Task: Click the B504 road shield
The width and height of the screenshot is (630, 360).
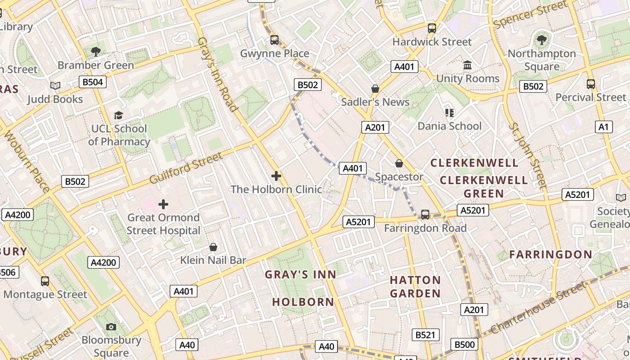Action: [x=93, y=82]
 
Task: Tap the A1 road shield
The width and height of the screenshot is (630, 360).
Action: [x=603, y=127]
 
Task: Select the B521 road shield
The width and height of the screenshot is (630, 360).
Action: [x=425, y=335]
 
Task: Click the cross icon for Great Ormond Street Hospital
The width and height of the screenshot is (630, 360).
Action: [x=163, y=205]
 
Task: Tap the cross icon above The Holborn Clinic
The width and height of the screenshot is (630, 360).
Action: [x=276, y=176]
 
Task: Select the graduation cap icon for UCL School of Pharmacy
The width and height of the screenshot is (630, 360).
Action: [x=118, y=116]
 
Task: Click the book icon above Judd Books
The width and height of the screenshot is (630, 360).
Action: [x=55, y=85]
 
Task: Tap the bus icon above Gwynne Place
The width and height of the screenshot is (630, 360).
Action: [x=274, y=40]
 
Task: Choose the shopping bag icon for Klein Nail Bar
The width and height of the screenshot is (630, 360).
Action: [x=213, y=247]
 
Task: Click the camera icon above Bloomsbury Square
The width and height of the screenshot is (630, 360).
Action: [x=111, y=327]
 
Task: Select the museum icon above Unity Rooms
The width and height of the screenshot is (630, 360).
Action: [x=468, y=65]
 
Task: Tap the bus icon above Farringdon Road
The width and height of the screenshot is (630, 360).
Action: [x=425, y=215]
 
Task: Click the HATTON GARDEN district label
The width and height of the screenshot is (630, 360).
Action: [x=415, y=287]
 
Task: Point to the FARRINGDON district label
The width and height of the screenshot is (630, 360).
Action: [x=551, y=254]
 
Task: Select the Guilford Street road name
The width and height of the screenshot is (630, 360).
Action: [x=186, y=168]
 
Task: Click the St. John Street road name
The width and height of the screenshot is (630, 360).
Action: [x=527, y=155]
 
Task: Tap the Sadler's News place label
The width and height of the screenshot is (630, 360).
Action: [x=375, y=102]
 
